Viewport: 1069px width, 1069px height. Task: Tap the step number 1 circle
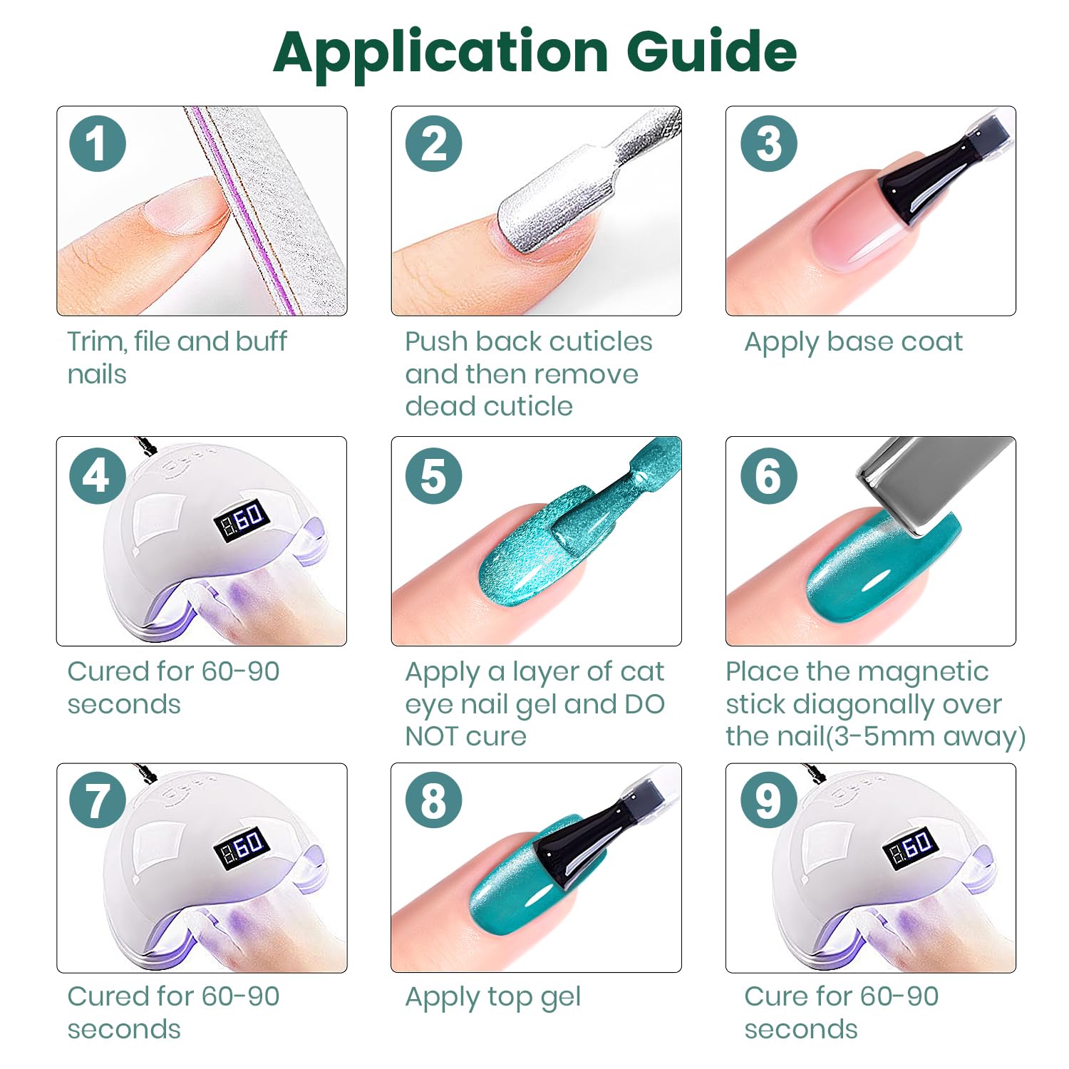[98, 143]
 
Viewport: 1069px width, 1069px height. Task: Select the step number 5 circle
[433, 475]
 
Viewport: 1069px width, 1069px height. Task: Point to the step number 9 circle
[768, 800]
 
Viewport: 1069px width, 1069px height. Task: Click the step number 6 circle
[768, 475]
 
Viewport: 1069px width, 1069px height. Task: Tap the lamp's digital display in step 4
[242, 520]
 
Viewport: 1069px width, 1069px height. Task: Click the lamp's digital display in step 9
[910, 847]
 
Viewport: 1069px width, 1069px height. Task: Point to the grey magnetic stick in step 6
[934, 481]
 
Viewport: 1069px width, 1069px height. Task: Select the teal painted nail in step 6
[884, 563]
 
